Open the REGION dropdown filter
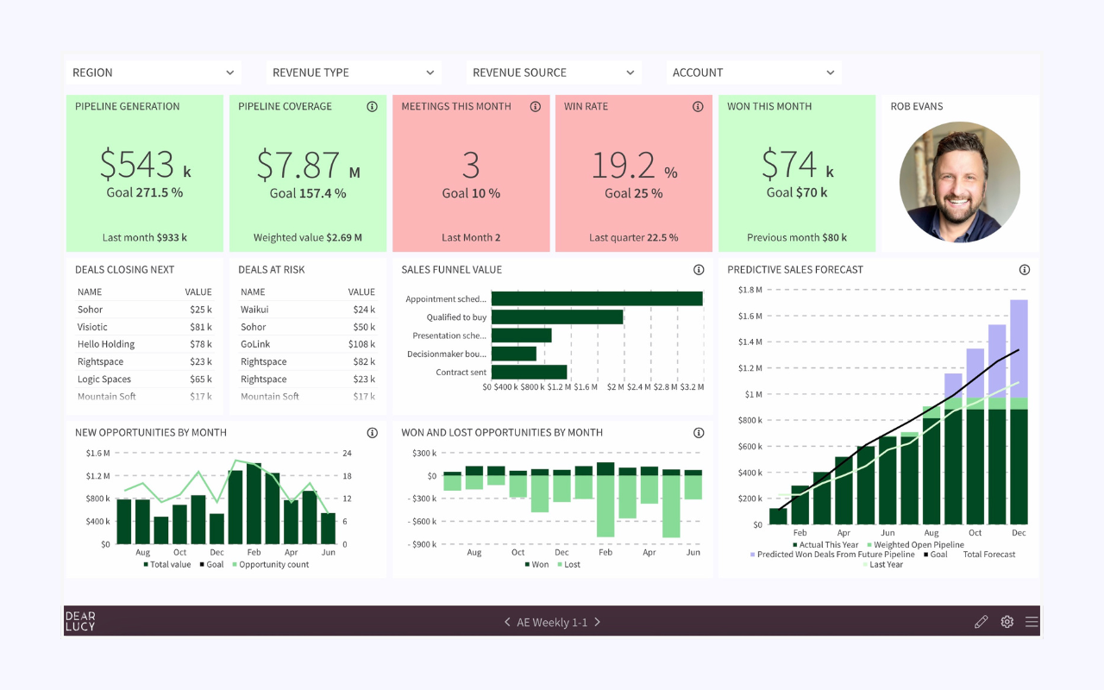coord(153,73)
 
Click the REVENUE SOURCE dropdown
coord(553,73)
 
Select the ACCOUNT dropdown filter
coord(753,73)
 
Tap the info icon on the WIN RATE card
coord(698,107)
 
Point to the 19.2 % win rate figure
coord(633,165)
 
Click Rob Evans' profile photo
coord(959,182)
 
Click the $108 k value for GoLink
coord(361,344)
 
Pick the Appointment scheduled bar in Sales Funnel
coord(597,298)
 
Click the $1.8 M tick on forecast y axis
coord(750,291)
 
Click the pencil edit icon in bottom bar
coord(981,622)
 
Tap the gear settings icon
coord(1007,622)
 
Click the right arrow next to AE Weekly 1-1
coord(597,622)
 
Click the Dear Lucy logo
coord(80,621)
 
